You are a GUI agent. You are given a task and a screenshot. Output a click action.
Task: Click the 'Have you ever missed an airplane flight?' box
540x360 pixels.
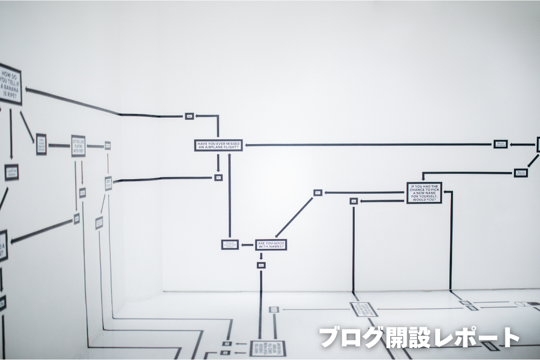(x=218, y=145)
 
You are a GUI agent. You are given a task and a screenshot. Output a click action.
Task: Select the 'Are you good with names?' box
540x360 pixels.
(x=271, y=245)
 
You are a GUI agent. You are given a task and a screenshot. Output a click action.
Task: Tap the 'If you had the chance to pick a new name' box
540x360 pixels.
(x=424, y=193)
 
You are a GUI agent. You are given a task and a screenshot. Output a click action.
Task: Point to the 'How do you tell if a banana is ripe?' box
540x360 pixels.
(x=10, y=86)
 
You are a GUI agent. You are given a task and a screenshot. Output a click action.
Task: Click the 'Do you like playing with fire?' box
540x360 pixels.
(x=78, y=146)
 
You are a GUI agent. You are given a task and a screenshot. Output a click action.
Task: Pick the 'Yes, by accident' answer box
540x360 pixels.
(x=500, y=144)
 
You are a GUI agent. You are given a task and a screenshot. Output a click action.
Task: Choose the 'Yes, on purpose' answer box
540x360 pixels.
(x=521, y=173)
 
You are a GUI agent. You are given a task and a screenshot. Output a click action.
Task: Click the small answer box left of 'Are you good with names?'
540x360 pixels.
(x=230, y=244)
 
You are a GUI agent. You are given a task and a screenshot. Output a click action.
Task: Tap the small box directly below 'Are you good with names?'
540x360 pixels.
(x=261, y=265)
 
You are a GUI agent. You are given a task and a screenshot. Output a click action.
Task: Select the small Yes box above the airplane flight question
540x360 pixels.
(x=189, y=116)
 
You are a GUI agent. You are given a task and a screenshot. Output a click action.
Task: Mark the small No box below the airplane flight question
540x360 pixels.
(x=218, y=177)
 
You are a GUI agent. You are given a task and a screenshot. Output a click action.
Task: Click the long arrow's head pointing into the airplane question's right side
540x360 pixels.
(x=247, y=145)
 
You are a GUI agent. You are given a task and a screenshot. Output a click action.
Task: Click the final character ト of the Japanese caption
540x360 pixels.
(x=509, y=338)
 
